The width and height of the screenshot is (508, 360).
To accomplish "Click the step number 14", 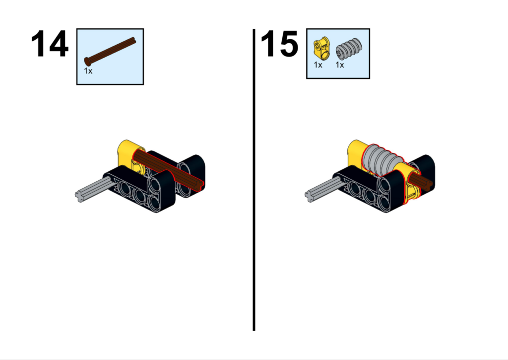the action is coord(50,44).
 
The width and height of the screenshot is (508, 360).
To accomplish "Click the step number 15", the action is coord(279,44).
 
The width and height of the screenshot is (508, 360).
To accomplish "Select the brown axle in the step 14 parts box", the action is coord(110,51).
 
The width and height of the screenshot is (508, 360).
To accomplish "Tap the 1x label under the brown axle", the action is coord(88,71).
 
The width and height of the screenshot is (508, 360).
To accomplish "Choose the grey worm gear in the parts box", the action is coord(349,49).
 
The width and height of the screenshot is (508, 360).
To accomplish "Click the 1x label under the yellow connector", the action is coord(318,65).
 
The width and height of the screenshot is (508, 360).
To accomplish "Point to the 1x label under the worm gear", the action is coord(339,65).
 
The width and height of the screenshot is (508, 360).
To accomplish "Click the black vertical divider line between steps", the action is coord(254,180).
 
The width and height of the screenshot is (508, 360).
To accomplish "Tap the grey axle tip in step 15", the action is coord(310,197).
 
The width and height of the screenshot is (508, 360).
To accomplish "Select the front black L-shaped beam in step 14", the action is coord(142,190).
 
